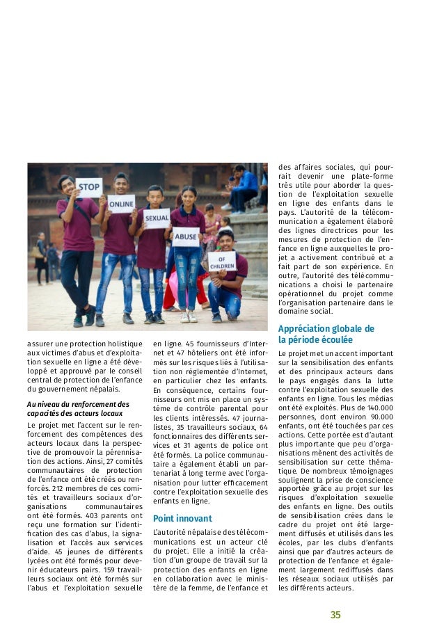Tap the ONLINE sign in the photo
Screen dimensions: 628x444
[121, 203]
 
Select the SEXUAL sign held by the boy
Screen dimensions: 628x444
[156, 218]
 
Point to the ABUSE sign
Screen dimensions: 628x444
[186, 236]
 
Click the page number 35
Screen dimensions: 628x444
[335, 615]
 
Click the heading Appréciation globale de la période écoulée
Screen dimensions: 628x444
[326, 334]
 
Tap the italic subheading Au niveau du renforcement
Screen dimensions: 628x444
[73, 408]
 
